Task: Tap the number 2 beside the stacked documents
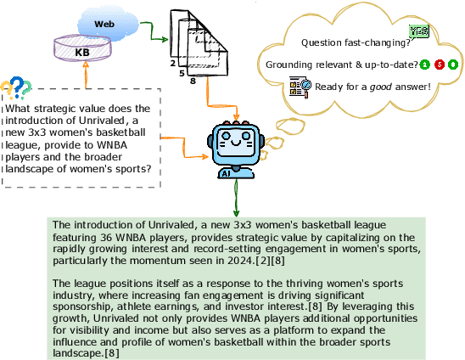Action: click(x=173, y=64)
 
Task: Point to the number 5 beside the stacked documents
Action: click(x=182, y=74)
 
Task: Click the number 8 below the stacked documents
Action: click(x=194, y=82)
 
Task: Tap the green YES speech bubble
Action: click(x=419, y=32)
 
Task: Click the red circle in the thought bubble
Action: click(x=440, y=65)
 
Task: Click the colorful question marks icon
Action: click(x=15, y=87)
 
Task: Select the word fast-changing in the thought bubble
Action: click(x=373, y=42)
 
